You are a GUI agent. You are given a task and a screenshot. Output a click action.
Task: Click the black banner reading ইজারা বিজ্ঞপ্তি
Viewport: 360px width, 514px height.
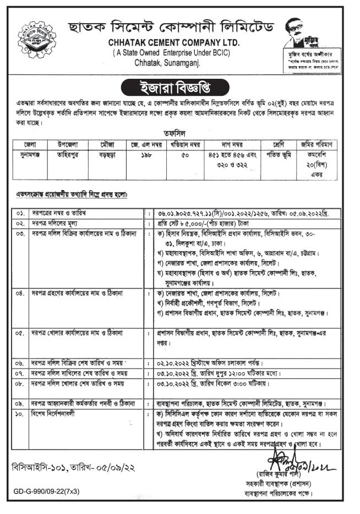tap(180, 87)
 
